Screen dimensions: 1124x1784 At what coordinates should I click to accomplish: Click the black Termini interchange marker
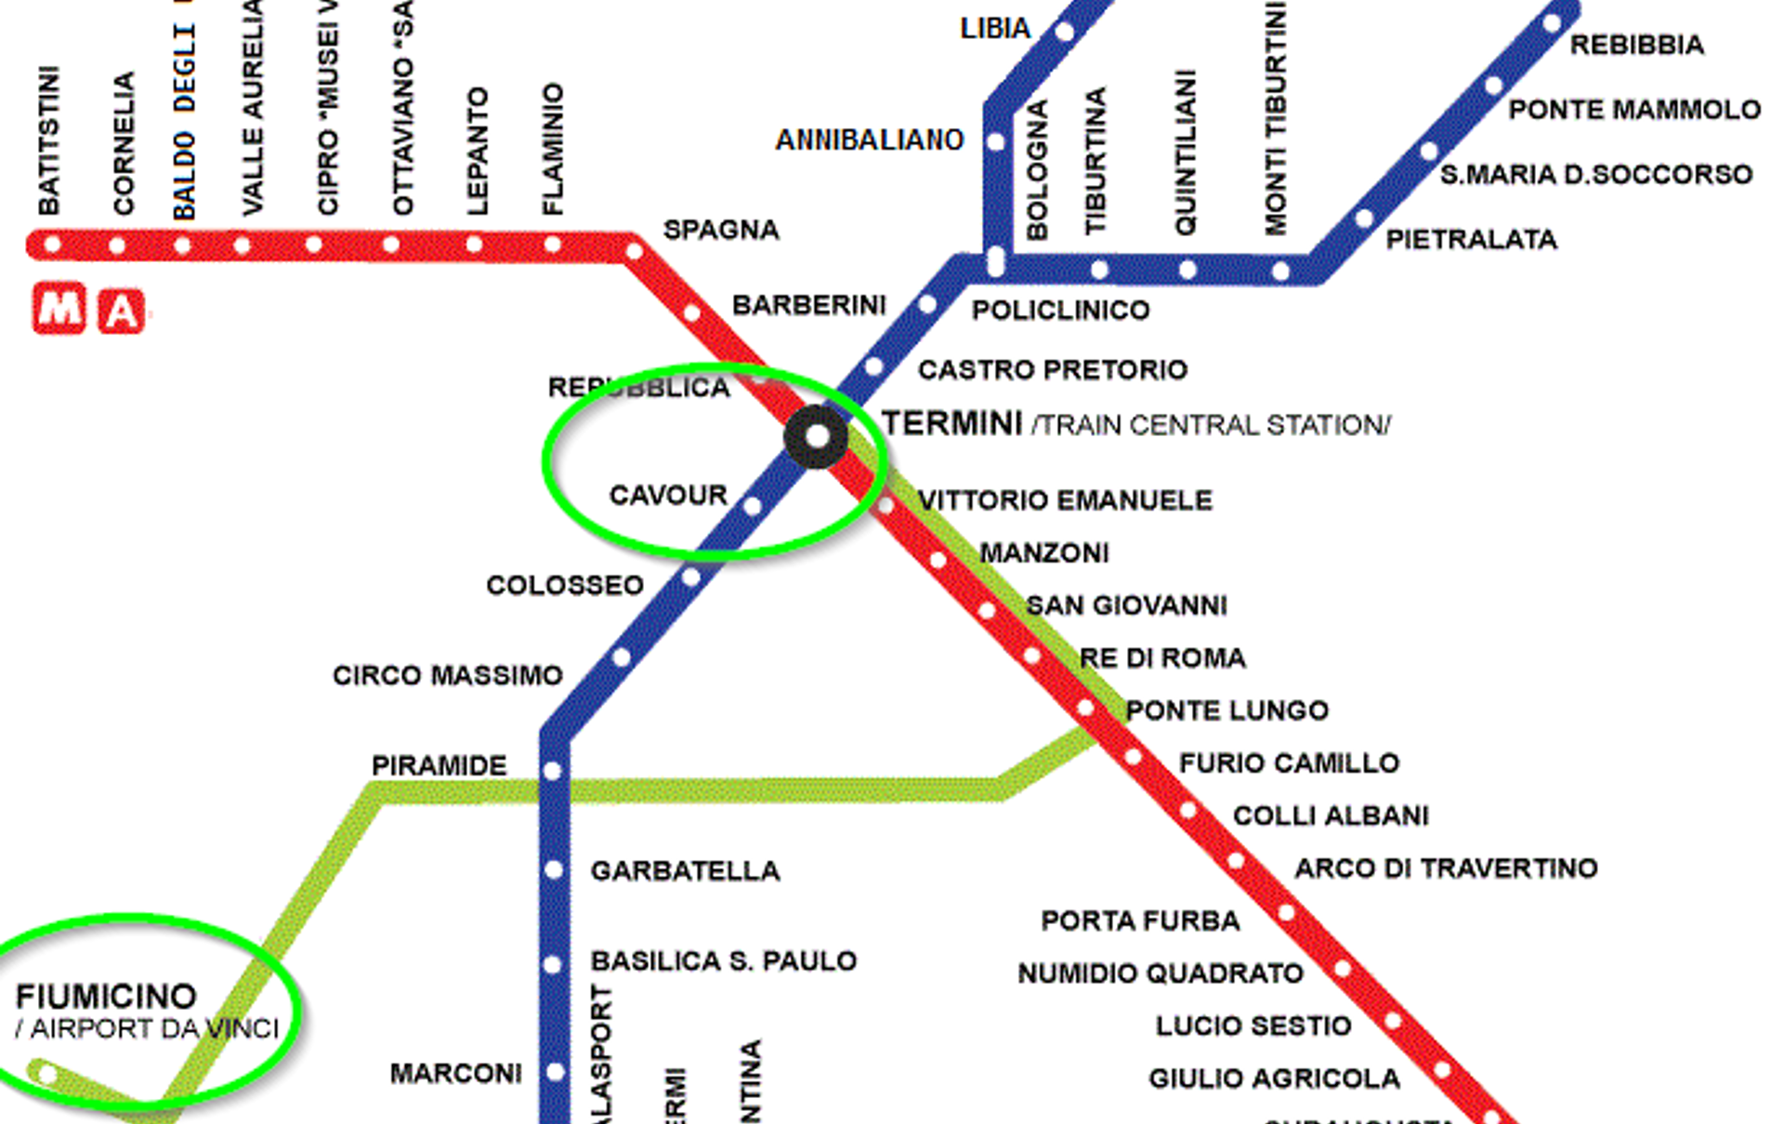pos(816,436)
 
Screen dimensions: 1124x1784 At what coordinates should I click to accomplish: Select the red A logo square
pos(122,311)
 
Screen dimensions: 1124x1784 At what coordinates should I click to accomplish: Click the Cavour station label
pos(668,495)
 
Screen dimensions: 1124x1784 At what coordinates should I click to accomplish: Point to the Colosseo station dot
pos(690,577)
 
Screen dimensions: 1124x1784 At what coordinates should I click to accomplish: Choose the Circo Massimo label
pos(447,675)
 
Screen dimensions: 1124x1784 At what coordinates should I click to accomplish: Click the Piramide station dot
pos(553,772)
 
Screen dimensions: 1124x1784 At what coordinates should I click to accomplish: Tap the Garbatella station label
pos(685,871)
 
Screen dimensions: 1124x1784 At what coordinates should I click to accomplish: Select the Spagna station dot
pos(634,251)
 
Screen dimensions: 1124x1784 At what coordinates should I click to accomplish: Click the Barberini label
pos(808,305)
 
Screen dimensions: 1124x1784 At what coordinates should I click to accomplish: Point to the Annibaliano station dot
pos(996,142)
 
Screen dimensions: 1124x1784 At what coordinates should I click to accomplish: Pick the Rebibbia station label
pos(1636,45)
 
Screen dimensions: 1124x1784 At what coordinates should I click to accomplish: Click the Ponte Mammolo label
pos(1633,110)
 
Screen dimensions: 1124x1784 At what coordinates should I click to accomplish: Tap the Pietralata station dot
pos(1363,219)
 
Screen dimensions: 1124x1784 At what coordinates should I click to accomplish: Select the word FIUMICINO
pos(106,997)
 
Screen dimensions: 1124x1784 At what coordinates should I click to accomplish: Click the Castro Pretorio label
pos(1052,370)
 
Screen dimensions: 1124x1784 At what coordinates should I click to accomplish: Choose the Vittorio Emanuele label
pos(1065,500)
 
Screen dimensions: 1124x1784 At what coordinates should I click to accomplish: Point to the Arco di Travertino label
pos(1446,868)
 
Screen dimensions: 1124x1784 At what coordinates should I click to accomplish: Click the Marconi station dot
pos(555,1072)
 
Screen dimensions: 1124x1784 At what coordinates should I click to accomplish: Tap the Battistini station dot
pos(52,245)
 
